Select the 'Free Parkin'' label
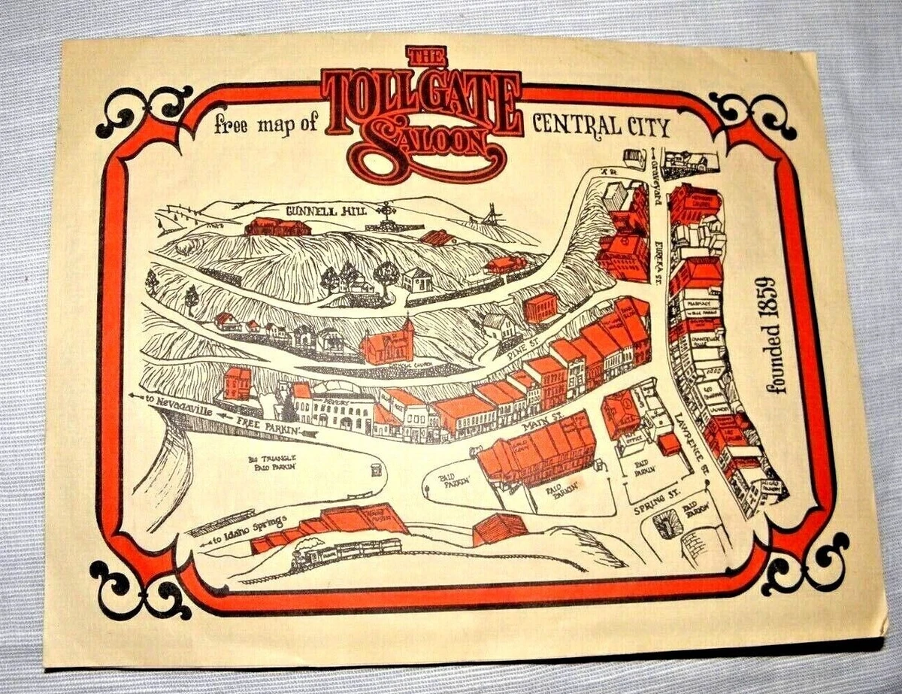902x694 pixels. pyautogui.click(x=268, y=426)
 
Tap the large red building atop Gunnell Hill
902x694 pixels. pyautogui.click(x=277, y=226)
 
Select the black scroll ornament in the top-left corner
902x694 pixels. pyautogui.click(x=143, y=113)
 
